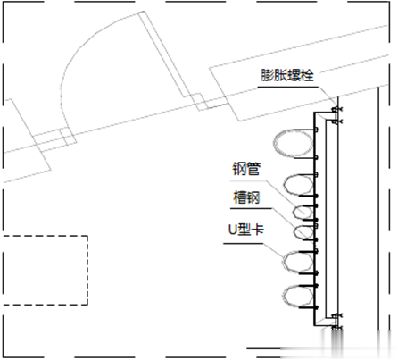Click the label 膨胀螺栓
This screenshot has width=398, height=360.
point(287,75)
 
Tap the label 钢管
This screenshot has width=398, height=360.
point(246,169)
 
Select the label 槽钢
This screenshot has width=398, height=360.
point(246,197)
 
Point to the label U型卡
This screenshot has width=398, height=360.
point(246,230)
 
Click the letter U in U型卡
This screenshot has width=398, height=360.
point(232,230)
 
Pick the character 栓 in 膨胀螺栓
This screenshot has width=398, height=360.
point(308,75)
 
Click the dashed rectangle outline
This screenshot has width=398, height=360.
point(87,270)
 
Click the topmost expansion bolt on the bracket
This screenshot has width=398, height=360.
point(336,109)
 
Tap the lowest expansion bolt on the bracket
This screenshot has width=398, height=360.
point(336,328)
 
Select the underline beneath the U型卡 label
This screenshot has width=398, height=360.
point(243,244)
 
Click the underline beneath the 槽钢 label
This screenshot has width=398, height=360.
point(251,208)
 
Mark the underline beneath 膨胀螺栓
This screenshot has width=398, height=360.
point(287,88)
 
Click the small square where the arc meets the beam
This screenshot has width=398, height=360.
point(66,137)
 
